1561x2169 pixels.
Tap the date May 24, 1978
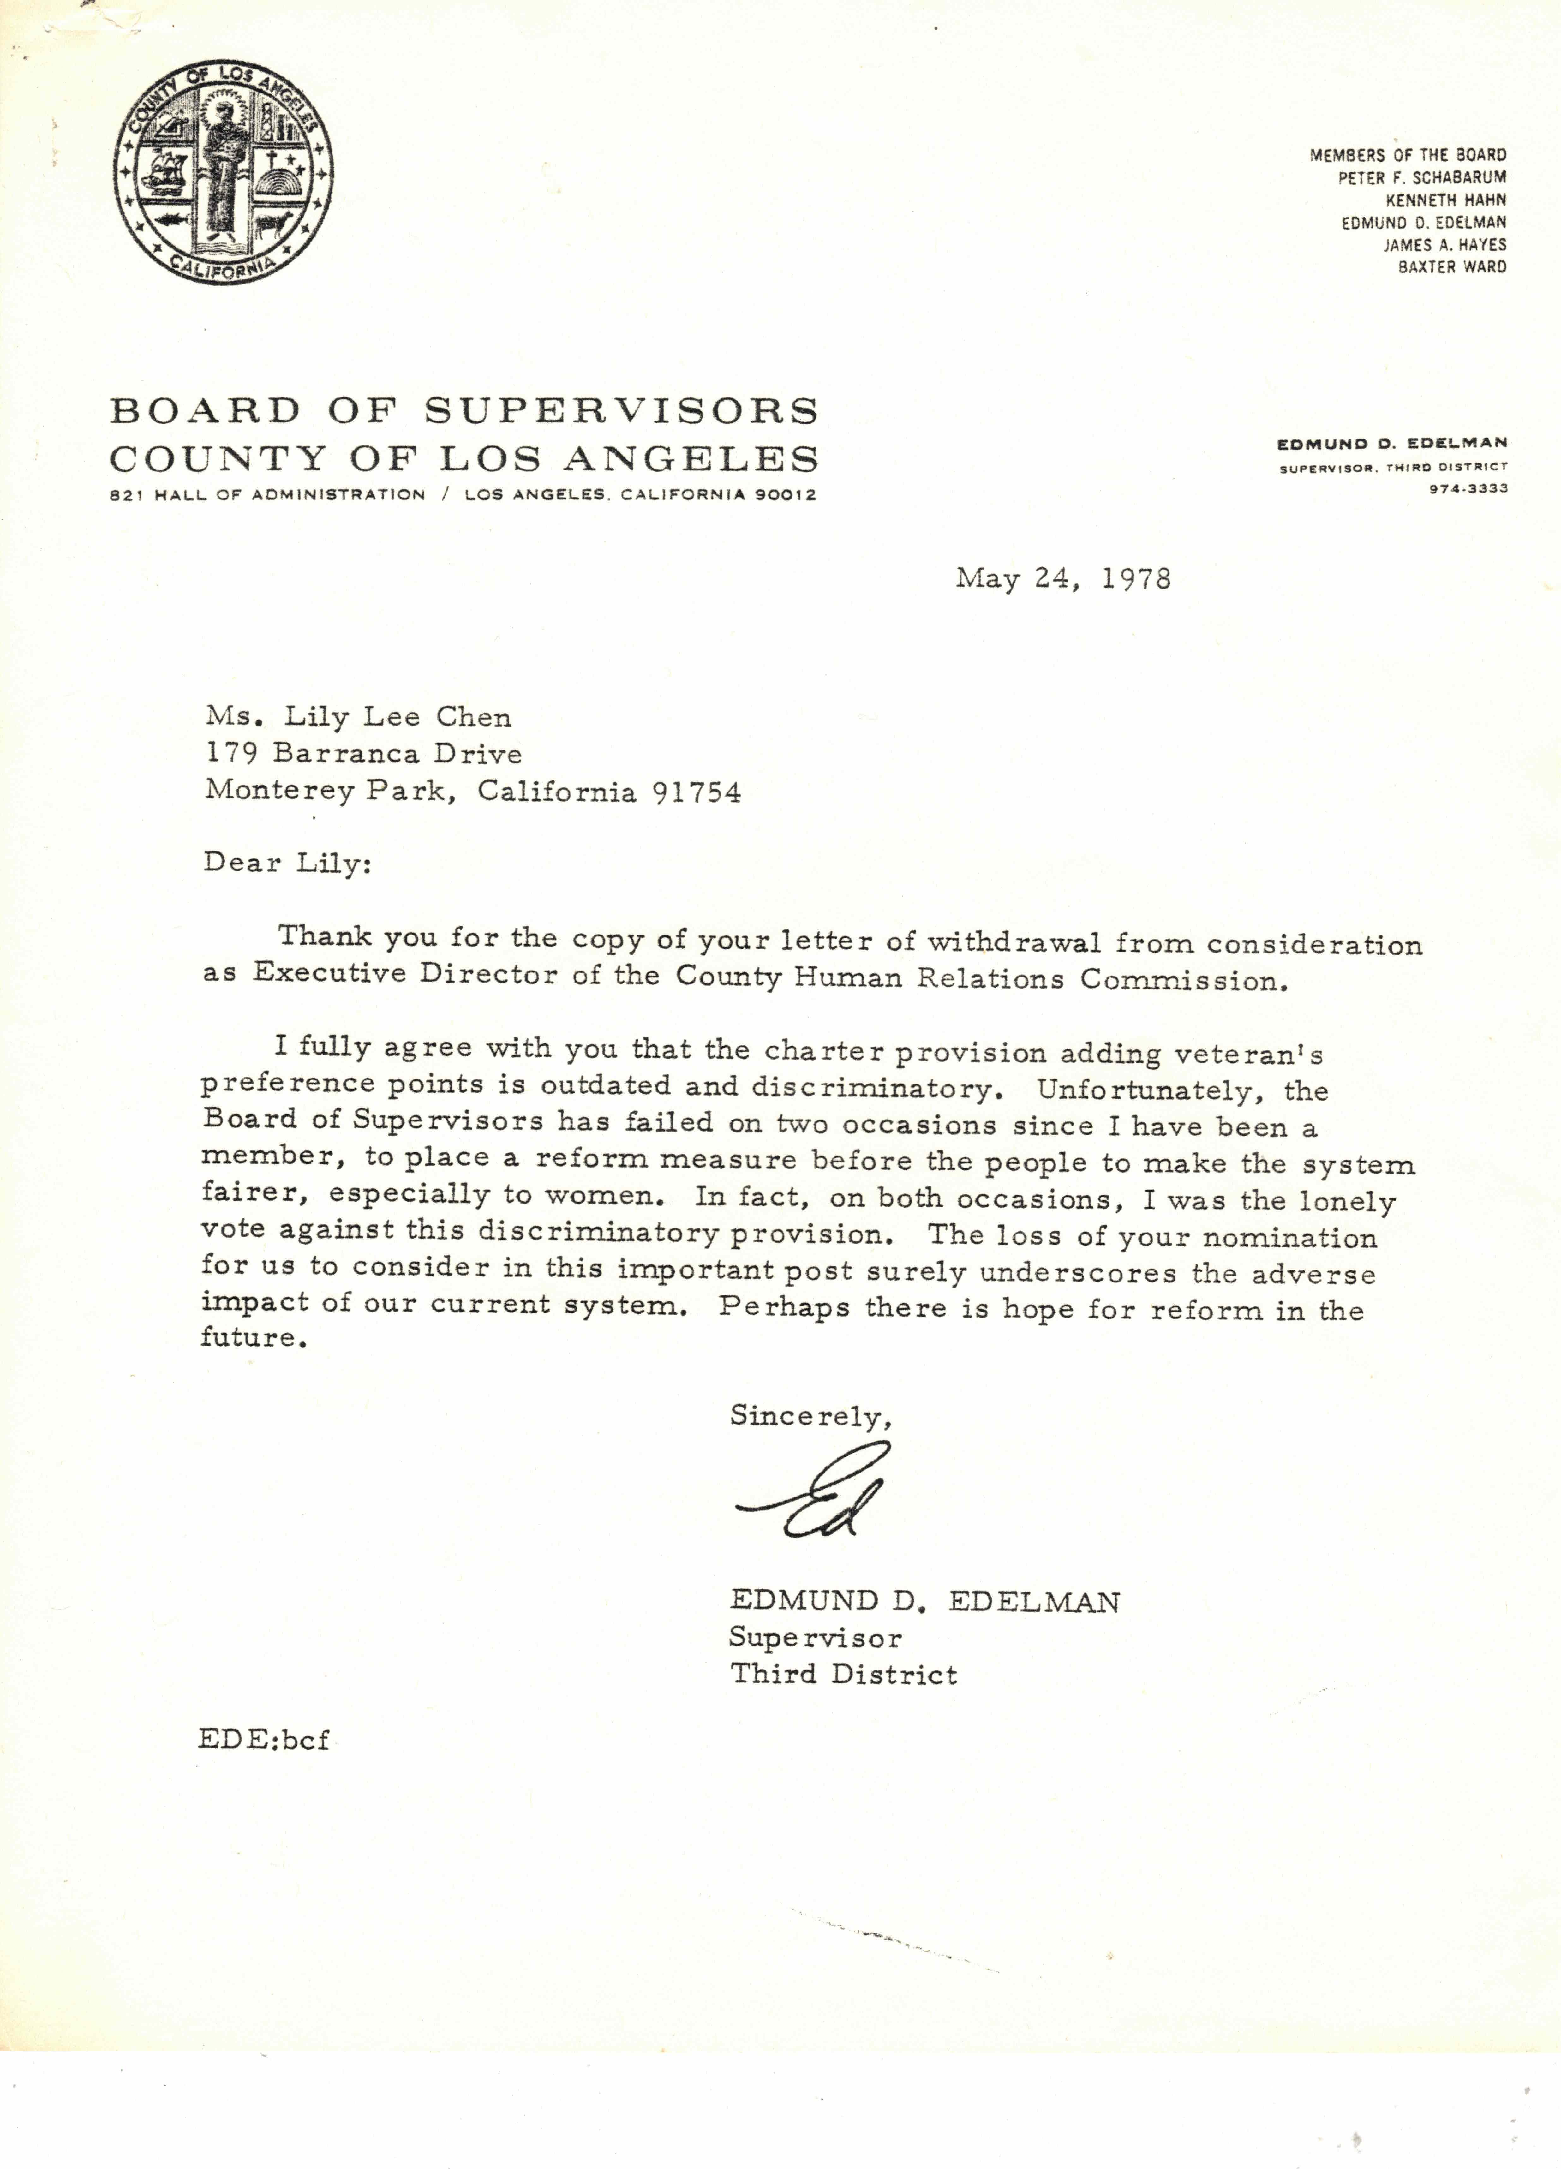tap(1063, 579)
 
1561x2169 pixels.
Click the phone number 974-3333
tap(1468, 488)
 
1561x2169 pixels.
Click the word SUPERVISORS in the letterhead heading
tap(622, 411)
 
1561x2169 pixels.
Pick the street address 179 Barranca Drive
tap(363, 755)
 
